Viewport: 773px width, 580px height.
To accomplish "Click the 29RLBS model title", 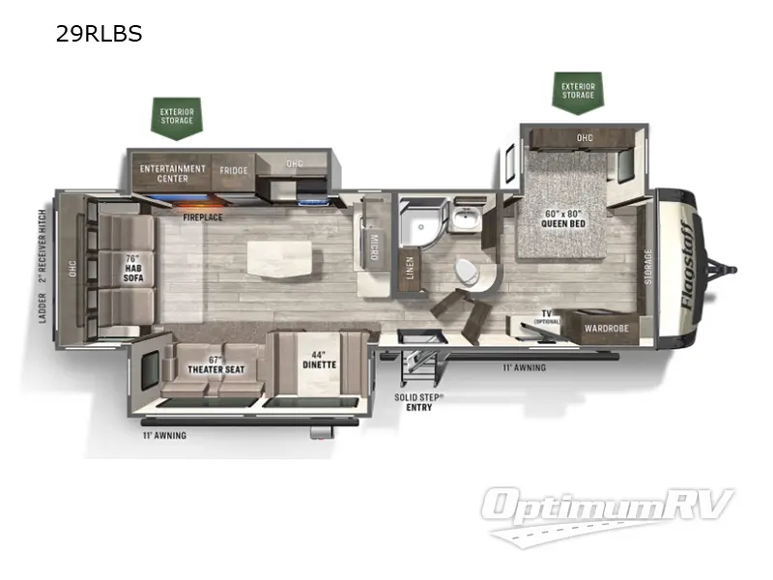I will tap(100, 34).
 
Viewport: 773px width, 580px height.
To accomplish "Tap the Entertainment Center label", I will tap(172, 173).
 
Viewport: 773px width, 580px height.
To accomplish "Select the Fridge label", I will tap(233, 171).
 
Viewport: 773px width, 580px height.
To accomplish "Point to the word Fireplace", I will tap(203, 217).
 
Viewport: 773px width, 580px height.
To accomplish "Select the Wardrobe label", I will tap(607, 329).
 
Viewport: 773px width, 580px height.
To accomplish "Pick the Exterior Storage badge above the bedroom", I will tap(578, 90).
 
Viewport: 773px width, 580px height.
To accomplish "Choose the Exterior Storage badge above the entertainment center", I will tap(177, 117).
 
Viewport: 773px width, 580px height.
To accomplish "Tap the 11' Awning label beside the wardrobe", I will tap(525, 367).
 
